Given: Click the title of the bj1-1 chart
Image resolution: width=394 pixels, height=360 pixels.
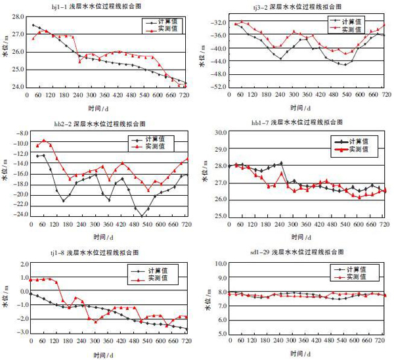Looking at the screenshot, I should pos(105,5).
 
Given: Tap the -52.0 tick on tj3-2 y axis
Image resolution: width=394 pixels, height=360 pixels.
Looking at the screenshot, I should pos(214,87).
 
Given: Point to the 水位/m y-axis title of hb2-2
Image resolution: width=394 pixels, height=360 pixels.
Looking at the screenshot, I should pos(5,174).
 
